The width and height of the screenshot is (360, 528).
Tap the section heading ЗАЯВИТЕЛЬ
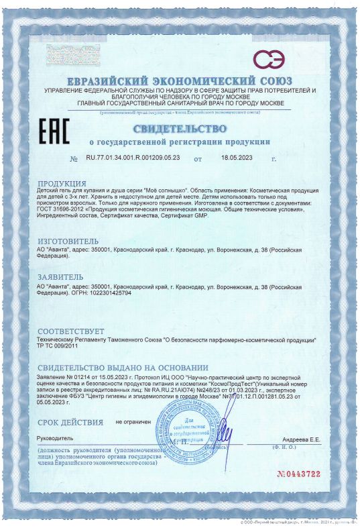point(60,276)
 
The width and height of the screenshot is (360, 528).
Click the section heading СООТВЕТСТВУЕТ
point(71,331)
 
